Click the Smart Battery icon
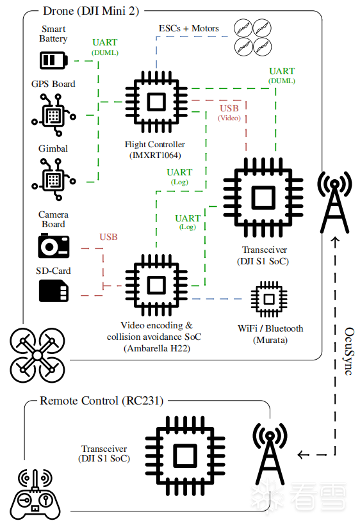(54, 60)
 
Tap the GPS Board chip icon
(54, 115)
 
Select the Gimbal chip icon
(54, 179)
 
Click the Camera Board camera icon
(54, 246)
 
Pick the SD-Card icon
(54, 292)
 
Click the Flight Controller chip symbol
(156, 102)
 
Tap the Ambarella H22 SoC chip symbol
(156, 285)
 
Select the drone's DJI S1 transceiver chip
(263, 197)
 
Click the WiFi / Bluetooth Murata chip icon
(269, 299)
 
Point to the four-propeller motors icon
(253, 37)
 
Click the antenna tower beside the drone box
(334, 202)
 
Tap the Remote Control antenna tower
(270, 454)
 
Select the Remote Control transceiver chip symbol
(185, 456)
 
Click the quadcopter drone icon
(37, 355)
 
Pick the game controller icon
(35, 495)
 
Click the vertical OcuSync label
(349, 351)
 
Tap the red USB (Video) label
(229, 113)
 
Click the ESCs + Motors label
(189, 28)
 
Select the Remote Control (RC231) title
(101, 401)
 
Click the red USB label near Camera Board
(109, 237)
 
